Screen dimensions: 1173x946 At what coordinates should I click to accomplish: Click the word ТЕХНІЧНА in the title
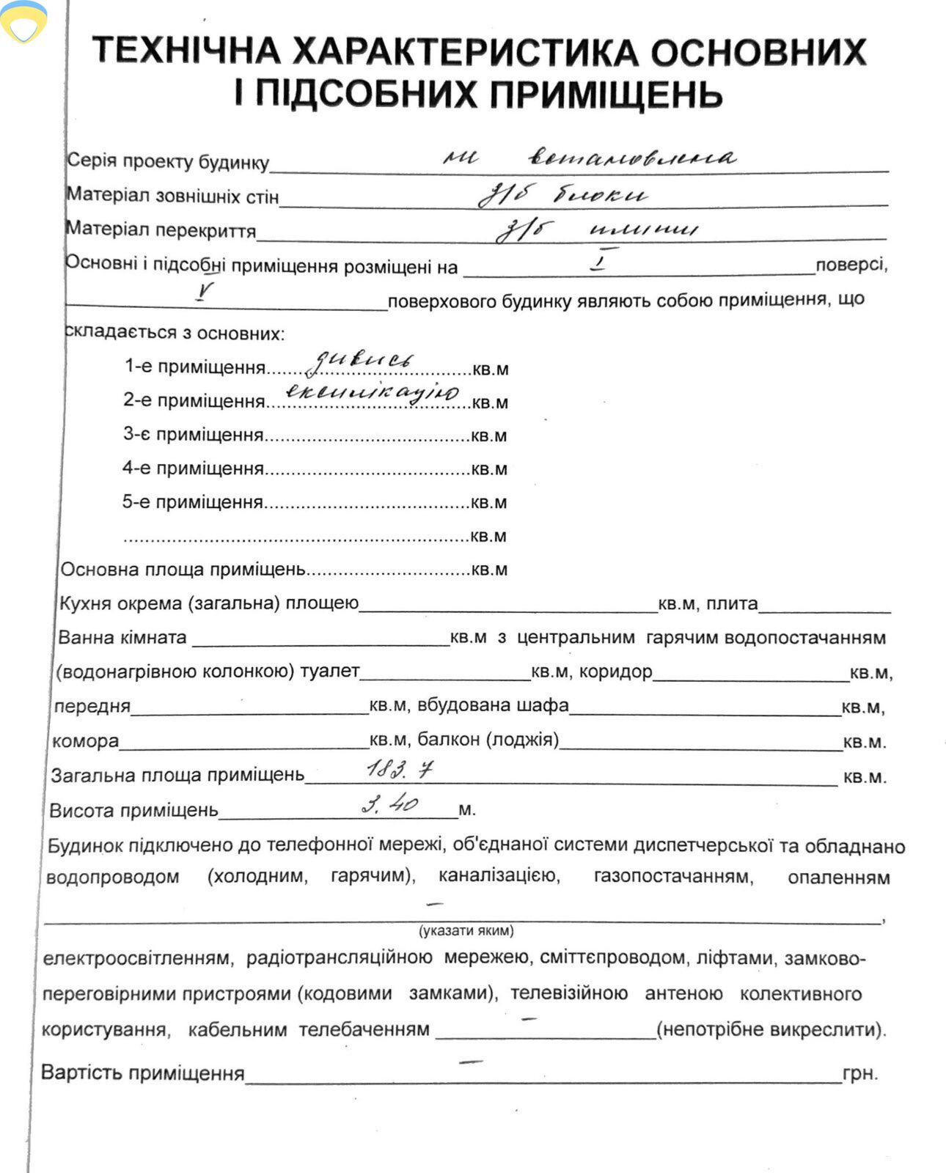pyautogui.click(x=187, y=51)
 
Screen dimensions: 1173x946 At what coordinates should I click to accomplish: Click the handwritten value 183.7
pyautogui.click(x=400, y=769)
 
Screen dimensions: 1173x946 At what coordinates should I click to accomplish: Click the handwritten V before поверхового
pyautogui.click(x=205, y=293)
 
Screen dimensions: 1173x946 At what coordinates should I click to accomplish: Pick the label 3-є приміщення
pyautogui.click(x=193, y=435)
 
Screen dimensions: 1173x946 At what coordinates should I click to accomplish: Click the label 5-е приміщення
pyautogui.click(x=192, y=502)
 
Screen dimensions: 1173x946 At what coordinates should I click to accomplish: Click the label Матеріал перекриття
pyautogui.click(x=161, y=230)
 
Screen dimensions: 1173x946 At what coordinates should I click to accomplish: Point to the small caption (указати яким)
pyautogui.click(x=466, y=931)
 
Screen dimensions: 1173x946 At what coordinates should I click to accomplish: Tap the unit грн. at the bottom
pyautogui.click(x=860, y=1074)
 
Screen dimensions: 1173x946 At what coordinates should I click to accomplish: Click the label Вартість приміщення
pyautogui.click(x=142, y=1073)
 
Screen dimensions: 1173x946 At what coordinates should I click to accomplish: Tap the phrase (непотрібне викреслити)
pyautogui.click(x=771, y=1029)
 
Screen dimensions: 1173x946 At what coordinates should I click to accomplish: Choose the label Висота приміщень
pyautogui.click(x=133, y=810)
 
